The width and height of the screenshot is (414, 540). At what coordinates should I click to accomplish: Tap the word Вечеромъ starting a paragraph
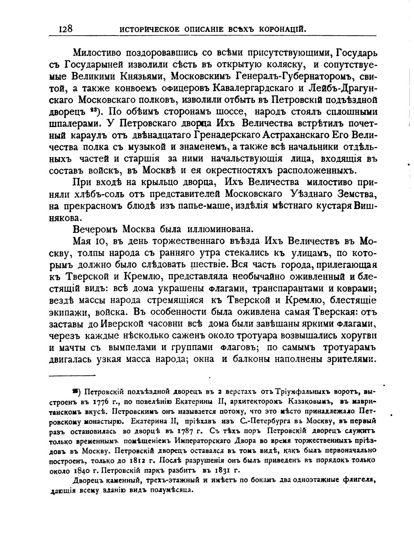point(96,230)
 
